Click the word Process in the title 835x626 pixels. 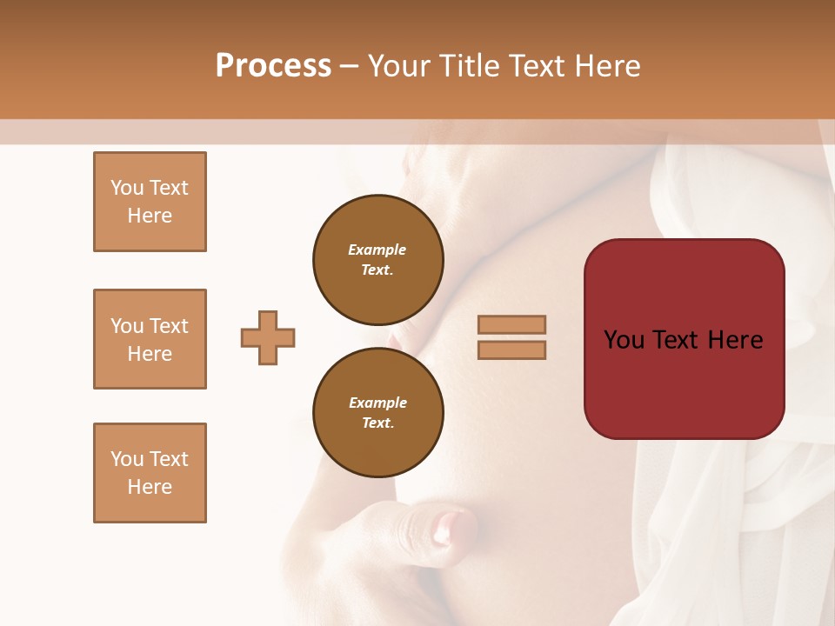point(273,66)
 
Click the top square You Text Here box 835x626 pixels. point(150,202)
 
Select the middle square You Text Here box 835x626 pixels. point(150,339)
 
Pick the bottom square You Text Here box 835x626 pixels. point(150,473)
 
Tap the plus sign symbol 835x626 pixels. point(268,337)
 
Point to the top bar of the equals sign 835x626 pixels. point(511,324)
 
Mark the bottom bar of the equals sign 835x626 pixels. point(511,350)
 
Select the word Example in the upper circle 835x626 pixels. point(377,250)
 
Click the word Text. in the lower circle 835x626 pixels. point(377,423)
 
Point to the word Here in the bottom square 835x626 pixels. point(150,487)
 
